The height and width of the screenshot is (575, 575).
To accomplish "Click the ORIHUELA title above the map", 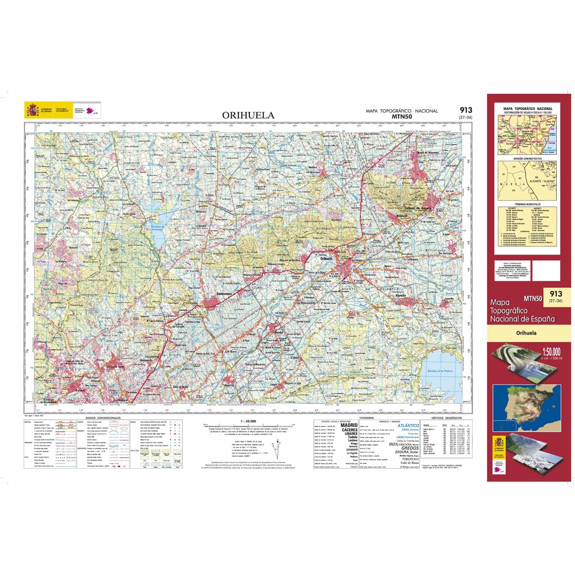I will point(248,115).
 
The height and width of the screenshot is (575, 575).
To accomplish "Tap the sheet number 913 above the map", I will point(465,110).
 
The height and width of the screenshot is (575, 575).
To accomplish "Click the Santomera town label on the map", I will point(224,294).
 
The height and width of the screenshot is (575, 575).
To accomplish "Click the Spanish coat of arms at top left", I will point(33,111).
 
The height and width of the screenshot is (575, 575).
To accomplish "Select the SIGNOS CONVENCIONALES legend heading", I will point(103,418).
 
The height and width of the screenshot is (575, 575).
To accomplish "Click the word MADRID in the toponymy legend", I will point(348,425).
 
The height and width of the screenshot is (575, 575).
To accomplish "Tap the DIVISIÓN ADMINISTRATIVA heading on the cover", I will point(527,158).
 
